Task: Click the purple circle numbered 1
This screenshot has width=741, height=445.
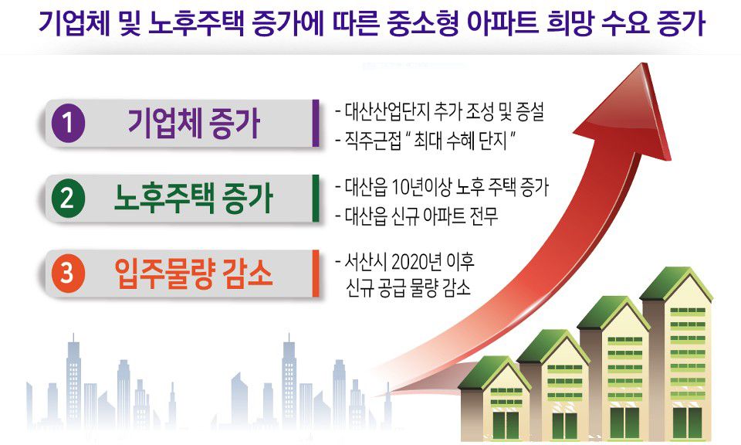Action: [68, 124]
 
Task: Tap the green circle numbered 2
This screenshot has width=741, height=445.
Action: [68, 198]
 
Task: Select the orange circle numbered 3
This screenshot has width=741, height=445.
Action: [68, 273]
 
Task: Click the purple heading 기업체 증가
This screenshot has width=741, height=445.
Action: [195, 123]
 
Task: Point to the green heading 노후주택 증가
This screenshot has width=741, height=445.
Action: [194, 198]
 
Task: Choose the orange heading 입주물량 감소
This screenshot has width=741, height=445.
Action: [194, 273]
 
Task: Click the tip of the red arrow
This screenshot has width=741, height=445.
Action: [642, 63]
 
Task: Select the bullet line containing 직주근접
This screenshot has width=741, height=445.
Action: [425, 141]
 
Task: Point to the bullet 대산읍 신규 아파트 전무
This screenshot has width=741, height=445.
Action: [416, 216]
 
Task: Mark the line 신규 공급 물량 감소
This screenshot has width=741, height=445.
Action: [408, 287]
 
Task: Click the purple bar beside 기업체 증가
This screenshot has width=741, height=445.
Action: [316, 123]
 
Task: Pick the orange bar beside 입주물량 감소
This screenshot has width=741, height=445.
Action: [316, 273]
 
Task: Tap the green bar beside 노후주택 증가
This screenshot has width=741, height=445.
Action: [316, 198]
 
